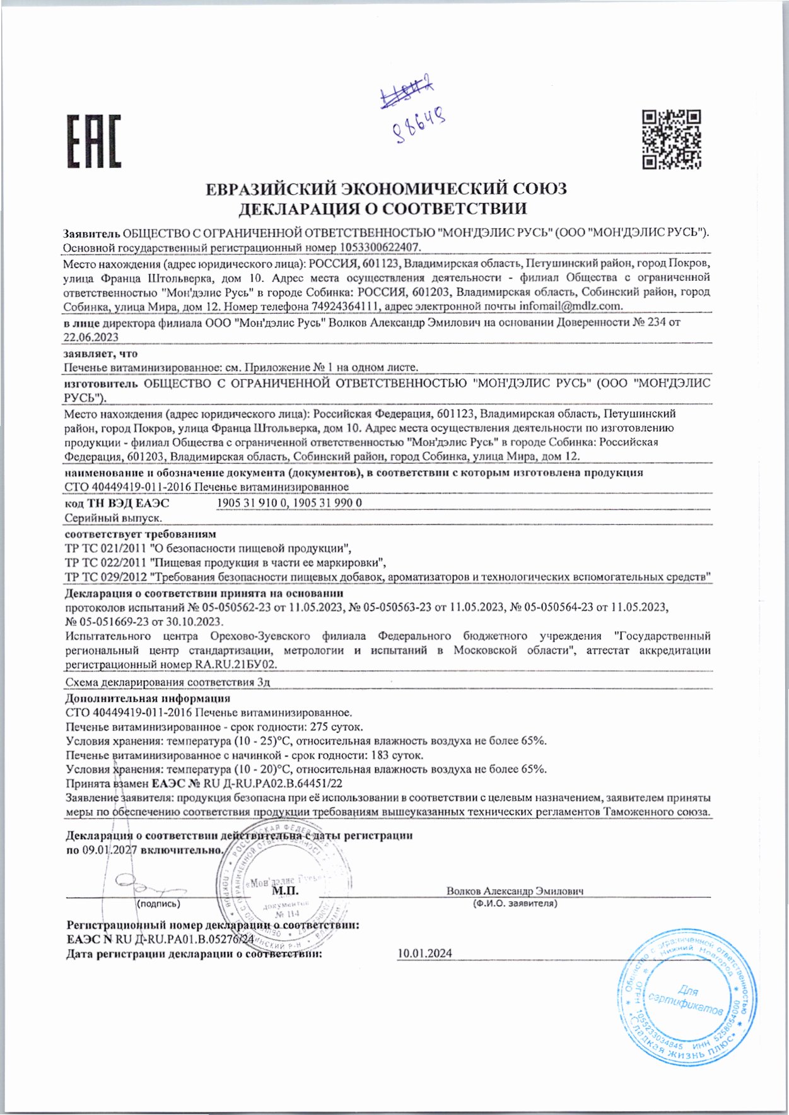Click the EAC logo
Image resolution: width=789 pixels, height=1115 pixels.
(94, 141)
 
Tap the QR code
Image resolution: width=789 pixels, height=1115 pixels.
(672, 140)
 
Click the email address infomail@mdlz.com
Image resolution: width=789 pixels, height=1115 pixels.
(571, 306)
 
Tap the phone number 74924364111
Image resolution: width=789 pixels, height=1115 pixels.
(345, 306)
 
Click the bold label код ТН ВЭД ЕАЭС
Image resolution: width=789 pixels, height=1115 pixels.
(117, 503)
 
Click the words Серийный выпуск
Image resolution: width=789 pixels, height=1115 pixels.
(114, 518)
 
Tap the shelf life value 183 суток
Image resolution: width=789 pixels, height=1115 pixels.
(401, 755)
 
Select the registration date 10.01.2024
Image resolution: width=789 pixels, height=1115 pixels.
(424, 953)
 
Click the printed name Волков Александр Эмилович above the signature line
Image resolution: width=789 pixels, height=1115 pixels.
(515, 891)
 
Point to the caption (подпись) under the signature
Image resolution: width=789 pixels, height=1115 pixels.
(158, 904)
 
